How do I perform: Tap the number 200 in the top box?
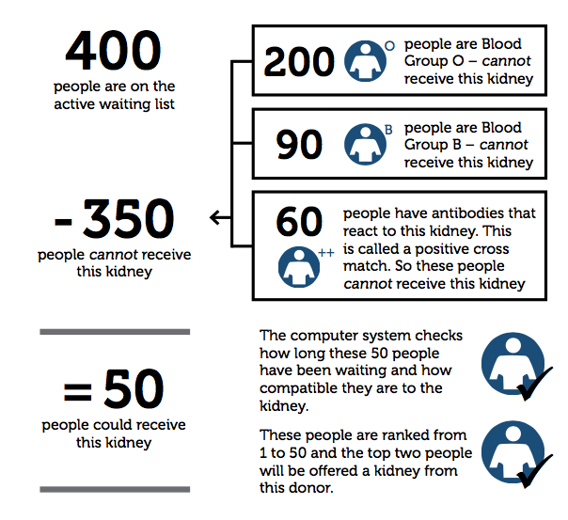pos(299,62)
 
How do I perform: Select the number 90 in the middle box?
pos(299,144)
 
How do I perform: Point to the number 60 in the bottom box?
pos(299,222)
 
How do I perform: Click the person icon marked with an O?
pos(368,61)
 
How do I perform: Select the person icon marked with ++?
pos(300,267)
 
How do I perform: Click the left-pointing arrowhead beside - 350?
pos(215,218)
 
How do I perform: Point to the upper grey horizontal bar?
pos(115,331)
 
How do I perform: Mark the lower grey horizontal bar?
pos(115,489)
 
